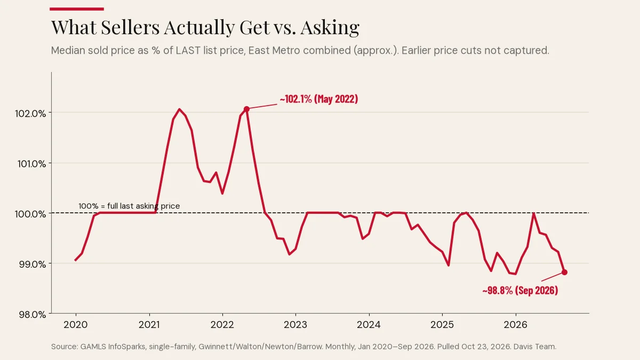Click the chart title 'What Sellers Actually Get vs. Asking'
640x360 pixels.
pos(205,27)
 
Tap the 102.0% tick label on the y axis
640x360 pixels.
pos(30,114)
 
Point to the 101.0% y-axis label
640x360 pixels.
pos(31,164)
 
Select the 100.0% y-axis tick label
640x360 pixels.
pos(30,214)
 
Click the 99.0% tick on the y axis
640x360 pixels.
pos(33,265)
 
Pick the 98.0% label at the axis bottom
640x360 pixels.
pos(33,315)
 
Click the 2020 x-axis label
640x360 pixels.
pos(76,325)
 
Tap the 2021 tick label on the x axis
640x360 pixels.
pos(149,325)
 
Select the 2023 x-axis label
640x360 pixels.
pos(295,325)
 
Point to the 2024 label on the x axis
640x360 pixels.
pos(369,325)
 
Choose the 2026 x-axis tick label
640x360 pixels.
pos(515,325)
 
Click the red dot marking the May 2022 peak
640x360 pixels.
pos(246,109)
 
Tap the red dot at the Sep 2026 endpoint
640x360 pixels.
pos(564,273)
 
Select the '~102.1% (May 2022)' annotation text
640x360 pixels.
pos(319,99)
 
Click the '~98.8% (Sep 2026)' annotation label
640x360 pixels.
pos(521,290)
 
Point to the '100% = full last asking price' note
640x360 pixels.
pos(129,206)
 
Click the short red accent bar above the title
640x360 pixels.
pos(77,9)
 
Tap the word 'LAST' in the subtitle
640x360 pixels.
pos(188,50)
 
